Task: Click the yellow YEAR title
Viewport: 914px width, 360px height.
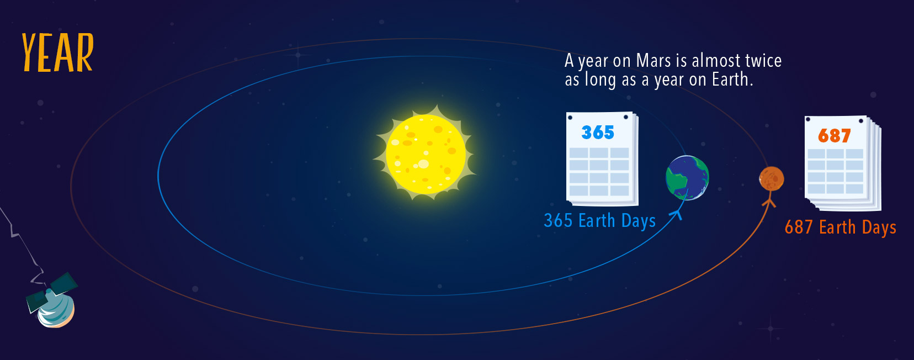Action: [x=57, y=52]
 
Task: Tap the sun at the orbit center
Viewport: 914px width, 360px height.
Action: [x=425, y=154]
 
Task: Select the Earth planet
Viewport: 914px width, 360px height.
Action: [x=687, y=178]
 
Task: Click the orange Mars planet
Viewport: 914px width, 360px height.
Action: [x=771, y=179]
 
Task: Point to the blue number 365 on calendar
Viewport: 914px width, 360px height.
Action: [x=598, y=133]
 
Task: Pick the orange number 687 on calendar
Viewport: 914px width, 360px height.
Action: [x=835, y=135]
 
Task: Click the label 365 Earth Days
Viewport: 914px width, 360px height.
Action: [x=599, y=221]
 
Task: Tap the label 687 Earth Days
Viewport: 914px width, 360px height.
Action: [x=841, y=227]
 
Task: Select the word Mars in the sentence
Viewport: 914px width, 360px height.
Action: [x=653, y=61]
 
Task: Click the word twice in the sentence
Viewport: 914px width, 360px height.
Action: [x=763, y=61]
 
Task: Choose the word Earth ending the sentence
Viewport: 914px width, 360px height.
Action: [x=732, y=80]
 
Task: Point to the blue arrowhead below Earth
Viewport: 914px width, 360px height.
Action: [x=677, y=214]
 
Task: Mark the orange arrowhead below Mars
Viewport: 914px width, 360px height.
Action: [x=769, y=202]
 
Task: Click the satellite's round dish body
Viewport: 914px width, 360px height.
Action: [x=56, y=311]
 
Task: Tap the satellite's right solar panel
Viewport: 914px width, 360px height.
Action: [x=65, y=283]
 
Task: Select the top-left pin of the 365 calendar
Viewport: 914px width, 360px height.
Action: [x=571, y=118]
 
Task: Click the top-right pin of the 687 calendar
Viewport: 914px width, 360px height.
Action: [x=860, y=121]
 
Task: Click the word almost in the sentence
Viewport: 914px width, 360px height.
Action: [x=716, y=61]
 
